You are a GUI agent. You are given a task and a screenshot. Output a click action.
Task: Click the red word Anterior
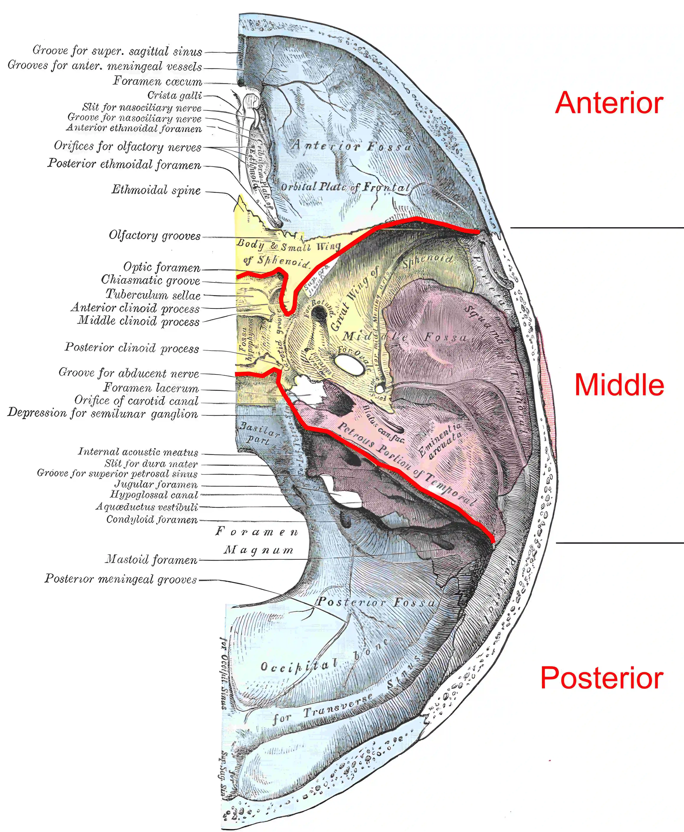609,103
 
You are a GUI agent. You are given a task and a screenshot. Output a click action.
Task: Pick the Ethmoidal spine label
156,190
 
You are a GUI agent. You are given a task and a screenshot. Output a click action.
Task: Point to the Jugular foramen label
156,485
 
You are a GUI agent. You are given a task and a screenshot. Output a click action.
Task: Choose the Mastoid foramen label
151,559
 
